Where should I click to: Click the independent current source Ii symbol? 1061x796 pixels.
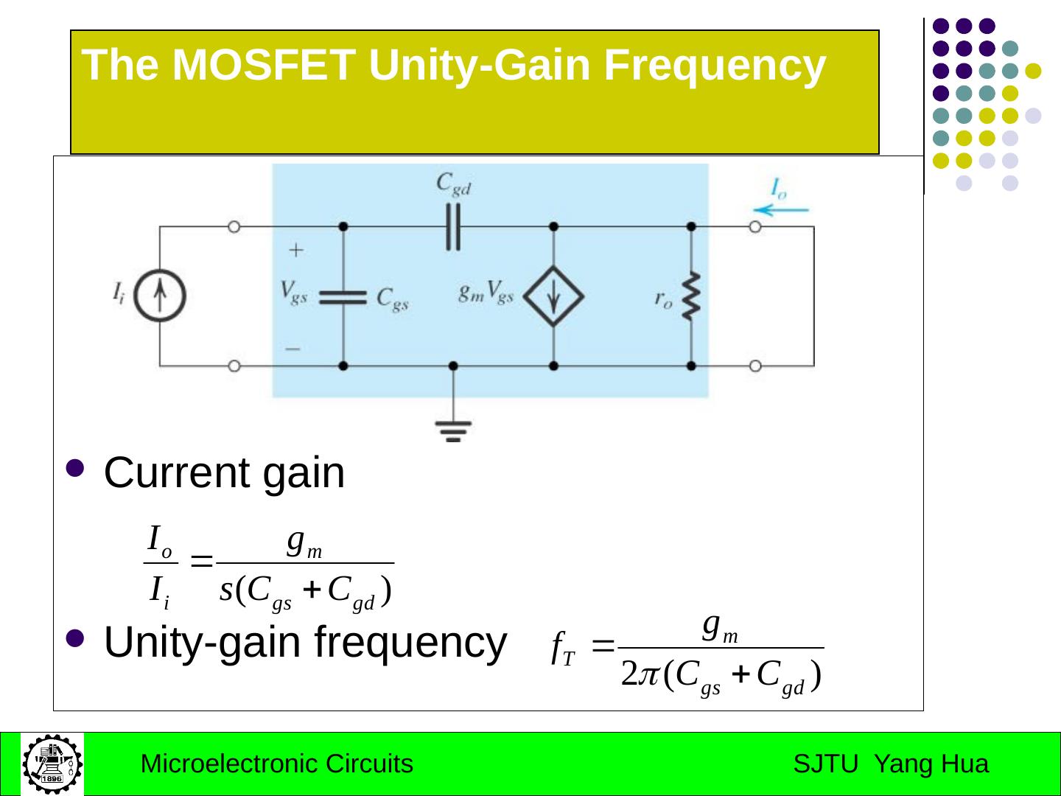click(x=160, y=296)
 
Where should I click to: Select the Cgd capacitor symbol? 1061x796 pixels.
click(x=452, y=227)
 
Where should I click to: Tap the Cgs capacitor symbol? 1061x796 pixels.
click(x=343, y=296)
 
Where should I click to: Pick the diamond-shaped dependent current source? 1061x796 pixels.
click(x=553, y=296)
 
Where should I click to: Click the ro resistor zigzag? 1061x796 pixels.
click(x=691, y=296)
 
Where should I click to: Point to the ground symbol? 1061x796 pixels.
click(x=452, y=429)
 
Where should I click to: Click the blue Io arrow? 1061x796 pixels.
click(x=781, y=210)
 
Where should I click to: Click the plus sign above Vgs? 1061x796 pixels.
click(x=295, y=251)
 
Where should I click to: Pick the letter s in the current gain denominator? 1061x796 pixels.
click(x=227, y=590)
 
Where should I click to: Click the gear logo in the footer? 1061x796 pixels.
click(x=52, y=764)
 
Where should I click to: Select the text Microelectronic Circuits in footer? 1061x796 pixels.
click(x=276, y=764)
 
